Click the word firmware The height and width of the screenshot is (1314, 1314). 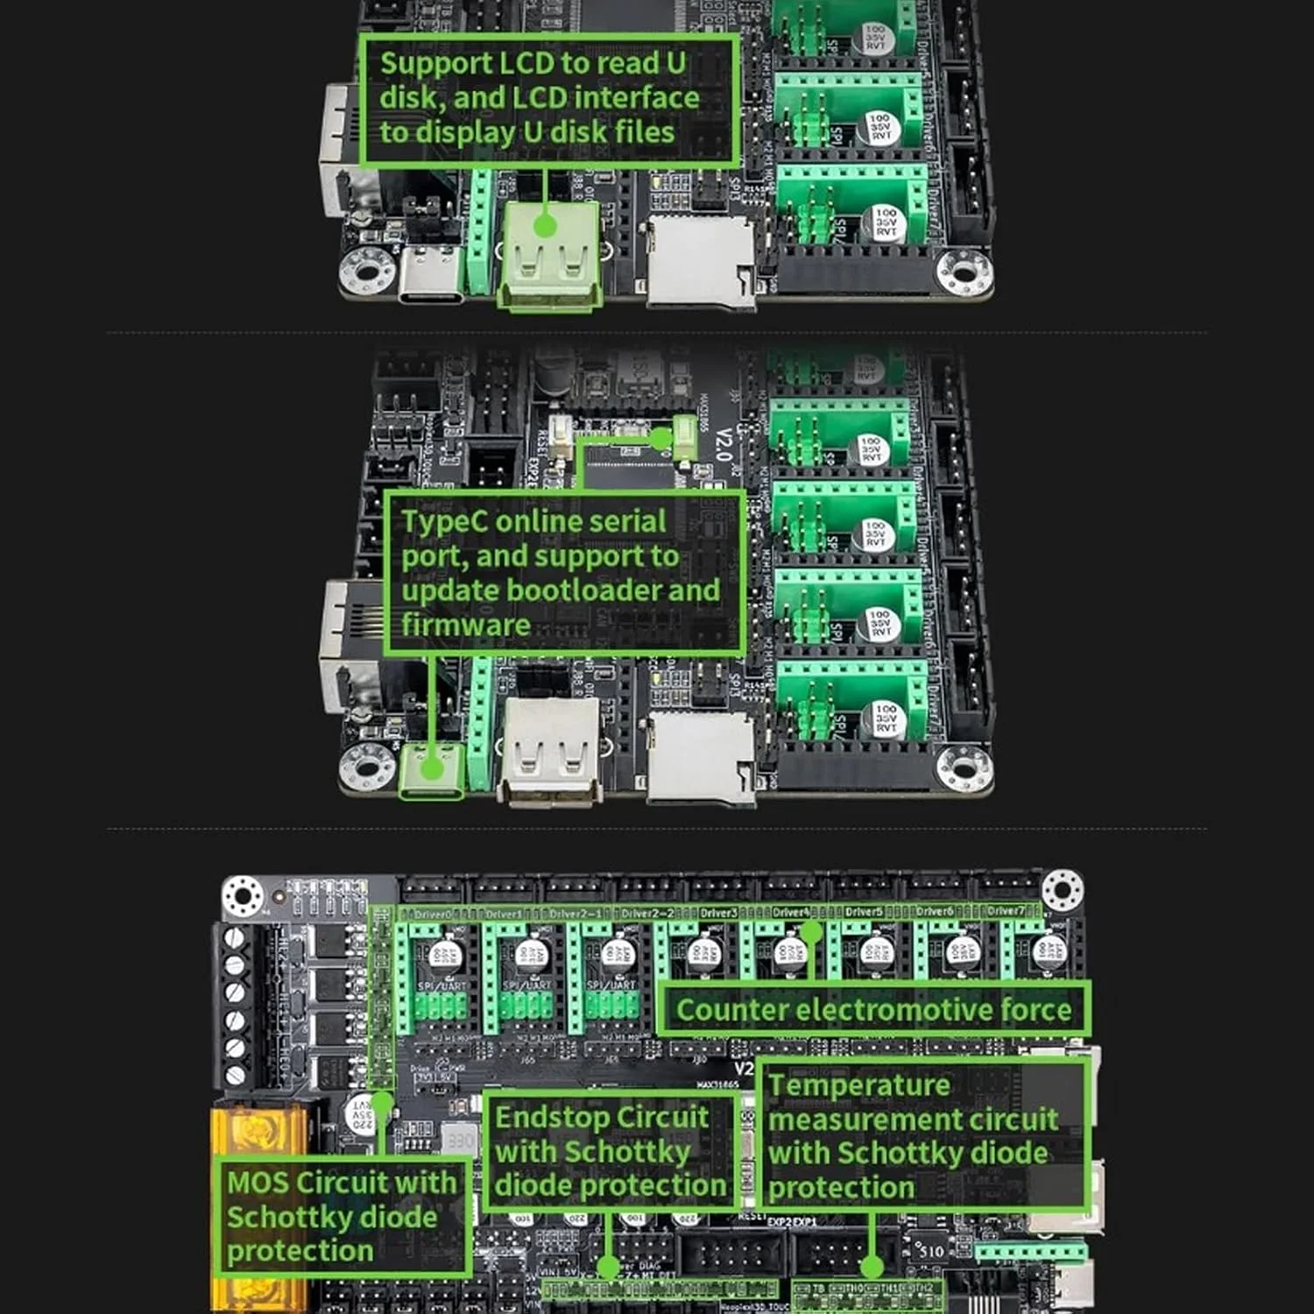point(465,625)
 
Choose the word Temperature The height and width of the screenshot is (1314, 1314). point(858,1085)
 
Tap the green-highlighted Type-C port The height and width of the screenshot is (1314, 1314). point(431,771)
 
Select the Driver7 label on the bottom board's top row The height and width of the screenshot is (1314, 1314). point(1006,911)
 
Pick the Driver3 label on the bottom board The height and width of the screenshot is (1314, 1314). point(719,913)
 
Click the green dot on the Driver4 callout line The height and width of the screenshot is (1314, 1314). point(811,932)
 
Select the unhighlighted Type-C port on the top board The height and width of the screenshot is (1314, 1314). point(429,276)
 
